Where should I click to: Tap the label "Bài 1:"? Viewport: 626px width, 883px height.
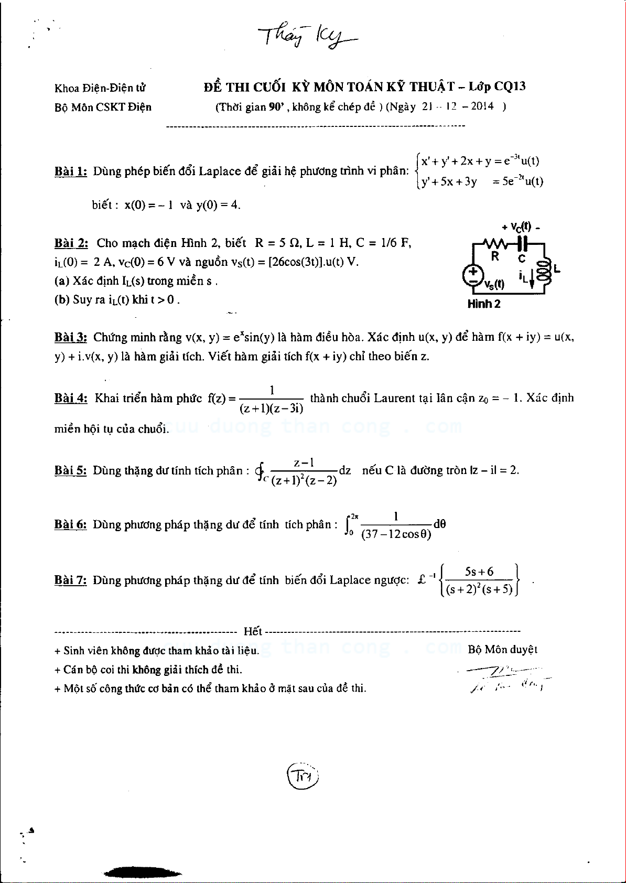tap(71, 171)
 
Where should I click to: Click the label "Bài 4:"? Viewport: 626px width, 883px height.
tap(71, 398)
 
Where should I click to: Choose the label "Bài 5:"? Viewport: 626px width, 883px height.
tap(71, 470)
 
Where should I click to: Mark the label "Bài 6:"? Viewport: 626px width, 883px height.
tap(71, 524)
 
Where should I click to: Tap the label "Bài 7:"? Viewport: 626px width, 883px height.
tap(71, 580)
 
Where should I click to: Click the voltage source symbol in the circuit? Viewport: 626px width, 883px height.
tap(473, 276)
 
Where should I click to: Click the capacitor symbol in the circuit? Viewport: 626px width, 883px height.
tap(522, 244)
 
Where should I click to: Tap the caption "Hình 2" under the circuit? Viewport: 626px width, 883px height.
tap(483, 304)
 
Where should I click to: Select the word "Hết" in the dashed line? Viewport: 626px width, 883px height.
tap(253, 631)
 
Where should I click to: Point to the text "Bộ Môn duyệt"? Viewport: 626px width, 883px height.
tap(502, 650)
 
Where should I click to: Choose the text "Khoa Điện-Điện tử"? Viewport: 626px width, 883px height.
tap(100, 88)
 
